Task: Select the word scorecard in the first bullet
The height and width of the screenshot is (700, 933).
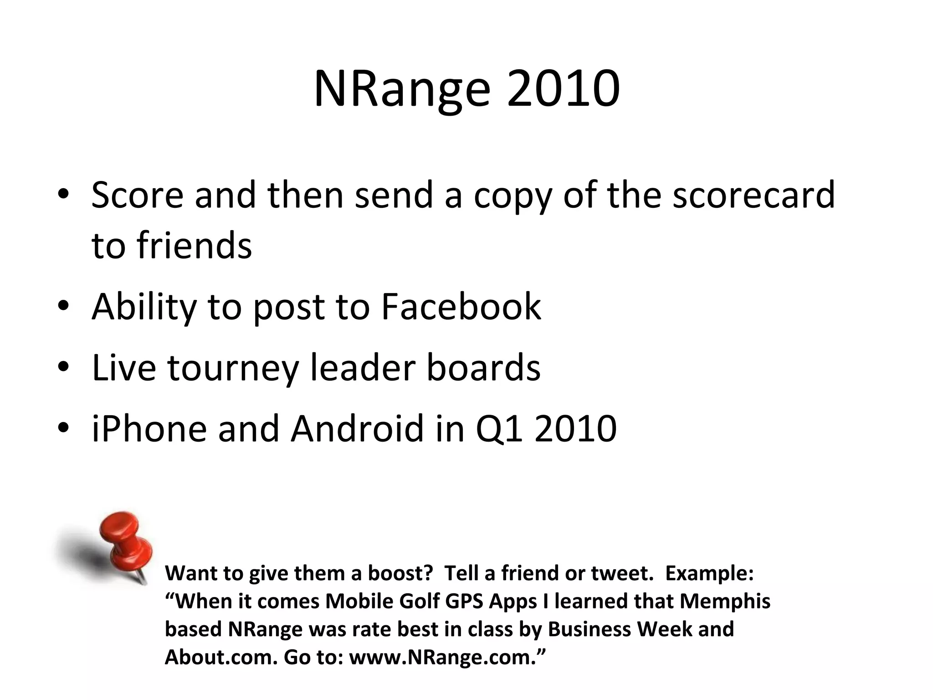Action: point(754,195)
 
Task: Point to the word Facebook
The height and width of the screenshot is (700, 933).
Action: point(461,307)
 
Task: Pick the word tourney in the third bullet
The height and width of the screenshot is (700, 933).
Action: point(233,368)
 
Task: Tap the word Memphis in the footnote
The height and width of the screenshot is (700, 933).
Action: point(725,601)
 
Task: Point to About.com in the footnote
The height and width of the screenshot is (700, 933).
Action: point(221,657)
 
